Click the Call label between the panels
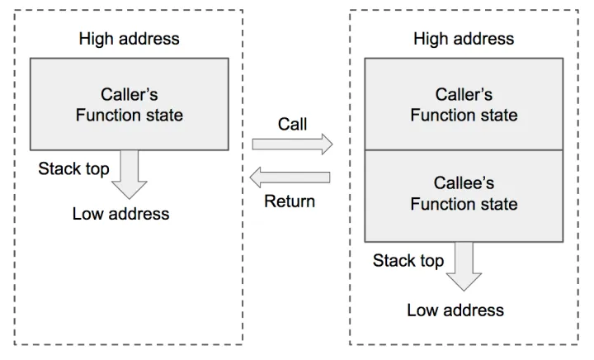click(x=292, y=124)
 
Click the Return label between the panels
click(x=289, y=201)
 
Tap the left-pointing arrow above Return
click(x=290, y=177)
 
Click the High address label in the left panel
click(x=129, y=38)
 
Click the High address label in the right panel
click(x=464, y=38)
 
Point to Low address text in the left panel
click(x=120, y=214)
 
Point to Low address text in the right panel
click(x=455, y=310)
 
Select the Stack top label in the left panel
click(x=73, y=169)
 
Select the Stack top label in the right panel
click(x=408, y=261)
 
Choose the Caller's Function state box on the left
click(x=129, y=103)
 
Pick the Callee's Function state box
click(x=464, y=195)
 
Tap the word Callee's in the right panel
click(x=464, y=182)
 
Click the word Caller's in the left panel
click(x=130, y=93)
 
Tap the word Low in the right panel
click(x=423, y=310)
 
